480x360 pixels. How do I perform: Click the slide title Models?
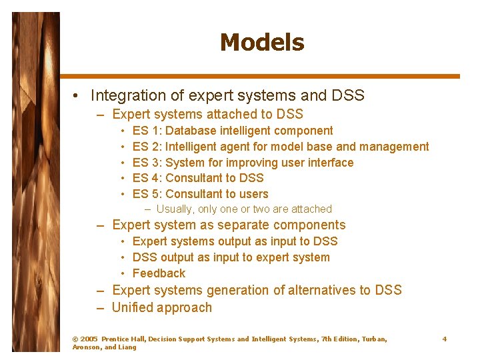[x=261, y=43]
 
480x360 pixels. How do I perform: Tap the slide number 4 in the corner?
[x=445, y=339]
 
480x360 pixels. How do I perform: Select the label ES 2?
[x=147, y=147]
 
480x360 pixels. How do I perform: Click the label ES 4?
[x=147, y=178]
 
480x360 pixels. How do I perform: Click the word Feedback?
[x=159, y=273]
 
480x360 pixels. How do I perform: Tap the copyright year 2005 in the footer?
[x=88, y=339]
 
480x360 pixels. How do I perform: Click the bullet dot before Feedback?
[x=124, y=274]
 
